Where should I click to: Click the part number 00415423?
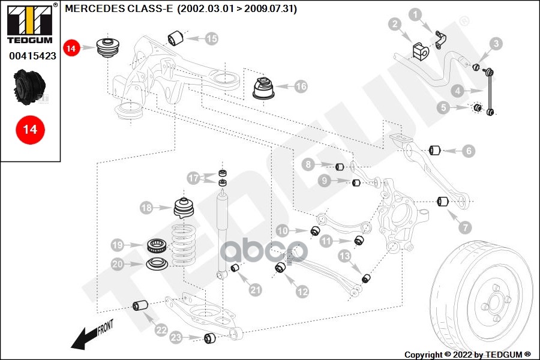pyautogui.click(x=32, y=56)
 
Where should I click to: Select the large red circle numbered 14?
pyautogui.click(x=31, y=130)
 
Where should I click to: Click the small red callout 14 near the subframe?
pyautogui.click(x=71, y=48)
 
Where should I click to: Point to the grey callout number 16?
pyautogui.click(x=301, y=86)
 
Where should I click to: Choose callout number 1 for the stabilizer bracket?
pyautogui.click(x=415, y=15)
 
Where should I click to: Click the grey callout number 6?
pyautogui.click(x=469, y=151)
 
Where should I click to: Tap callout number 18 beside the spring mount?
pyautogui.click(x=147, y=208)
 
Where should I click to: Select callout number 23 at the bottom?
pyautogui.click(x=176, y=337)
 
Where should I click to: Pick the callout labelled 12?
pyautogui.click(x=302, y=292)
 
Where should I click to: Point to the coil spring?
pyautogui.click(x=184, y=245)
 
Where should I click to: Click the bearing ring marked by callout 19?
pyautogui.click(x=157, y=245)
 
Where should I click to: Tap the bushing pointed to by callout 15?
pyautogui.click(x=176, y=38)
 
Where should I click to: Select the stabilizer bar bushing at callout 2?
pyautogui.click(x=420, y=52)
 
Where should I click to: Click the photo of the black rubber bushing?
pyautogui.click(x=29, y=87)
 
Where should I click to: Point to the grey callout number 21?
pyautogui.click(x=255, y=290)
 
